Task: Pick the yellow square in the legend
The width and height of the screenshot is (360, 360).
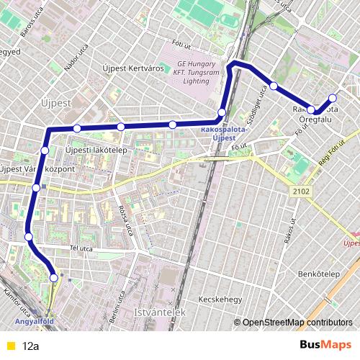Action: pyautogui.click(x=10, y=346)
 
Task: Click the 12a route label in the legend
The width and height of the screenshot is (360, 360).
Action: pyautogui.click(x=31, y=346)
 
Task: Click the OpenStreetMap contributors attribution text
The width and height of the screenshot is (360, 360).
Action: pyautogui.click(x=297, y=323)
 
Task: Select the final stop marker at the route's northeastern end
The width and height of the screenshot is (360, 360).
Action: pyautogui.click(x=333, y=98)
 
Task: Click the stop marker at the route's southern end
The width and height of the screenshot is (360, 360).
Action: pyautogui.click(x=54, y=277)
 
